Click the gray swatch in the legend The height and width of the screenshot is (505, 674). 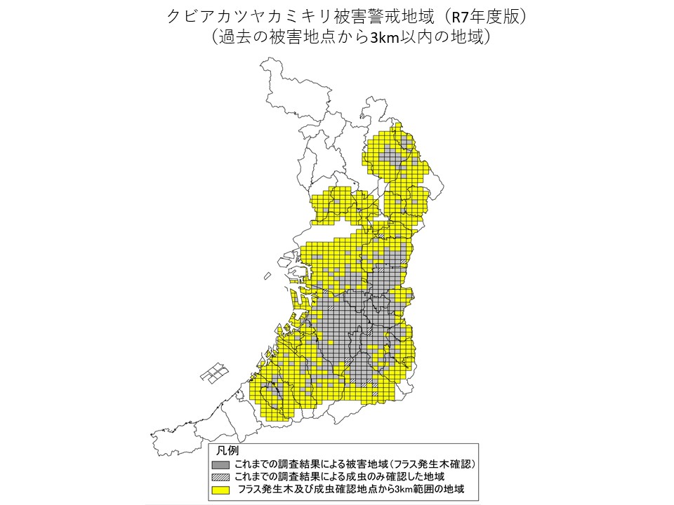[x=221, y=464]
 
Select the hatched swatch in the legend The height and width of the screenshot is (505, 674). [x=221, y=476]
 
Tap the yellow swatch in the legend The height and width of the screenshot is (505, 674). [x=221, y=488]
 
